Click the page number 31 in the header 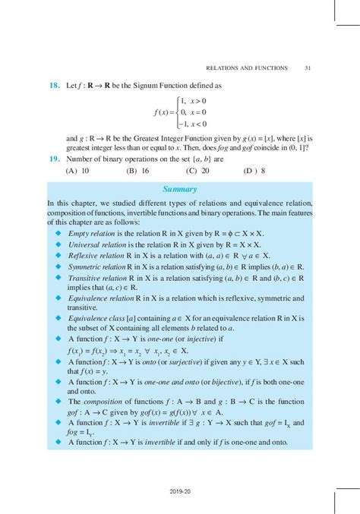[x=308, y=68]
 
